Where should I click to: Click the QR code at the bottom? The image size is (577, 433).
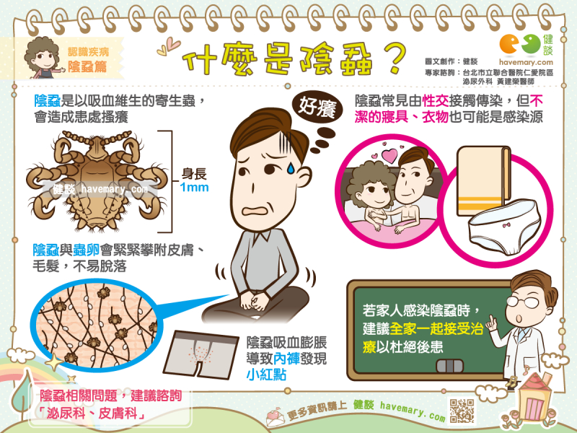click(462, 410)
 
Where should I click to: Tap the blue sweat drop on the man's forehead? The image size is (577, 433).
click(291, 168)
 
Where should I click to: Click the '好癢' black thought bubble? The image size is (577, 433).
click(317, 107)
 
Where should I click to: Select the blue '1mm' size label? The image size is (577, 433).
click(194, 188)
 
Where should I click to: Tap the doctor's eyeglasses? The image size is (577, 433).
click(522, 302)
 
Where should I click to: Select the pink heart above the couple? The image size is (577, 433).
click(390, 155)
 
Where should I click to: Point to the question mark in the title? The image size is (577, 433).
click(395, 59)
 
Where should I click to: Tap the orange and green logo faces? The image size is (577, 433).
click(520, 44)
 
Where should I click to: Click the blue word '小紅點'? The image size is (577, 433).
click(266, 375)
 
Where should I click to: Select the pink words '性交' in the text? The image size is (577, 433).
click(436, 100)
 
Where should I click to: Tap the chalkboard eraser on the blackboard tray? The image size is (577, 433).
click(449, 366)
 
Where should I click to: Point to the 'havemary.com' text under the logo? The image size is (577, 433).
click(527, 62)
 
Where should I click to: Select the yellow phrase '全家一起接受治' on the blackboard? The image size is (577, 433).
click(436, 328)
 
